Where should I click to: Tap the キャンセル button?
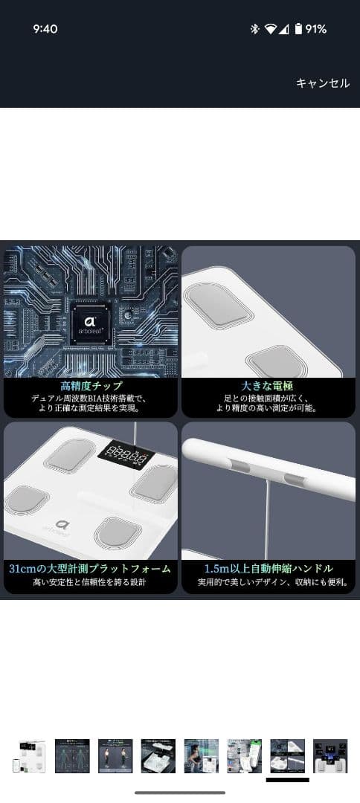click(x=323, y=83)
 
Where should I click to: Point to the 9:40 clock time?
click(x=45, y=29)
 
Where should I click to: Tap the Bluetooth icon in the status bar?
click(x=254, y=29)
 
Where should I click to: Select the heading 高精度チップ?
click(x=91, y=387)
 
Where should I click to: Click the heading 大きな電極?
click(x=269, y=387)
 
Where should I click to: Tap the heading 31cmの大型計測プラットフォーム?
click(x=91, y=569)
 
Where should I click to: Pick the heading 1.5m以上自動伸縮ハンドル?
click(x=269, y=569)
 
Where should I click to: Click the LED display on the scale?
click(x=124, y=456)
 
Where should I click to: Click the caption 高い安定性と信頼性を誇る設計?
click(x=91, y=583)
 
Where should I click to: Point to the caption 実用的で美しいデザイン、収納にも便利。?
click(x=269, y=583)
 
